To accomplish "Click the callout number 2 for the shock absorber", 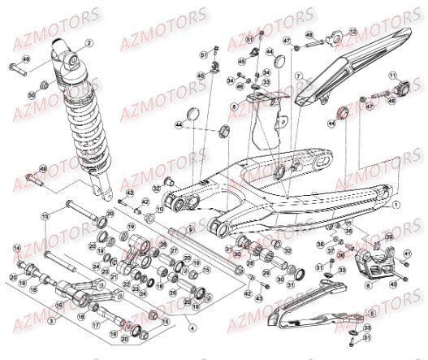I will point(89,43).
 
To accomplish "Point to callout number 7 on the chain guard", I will point(298,76).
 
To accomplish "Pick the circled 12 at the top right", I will point(352,32).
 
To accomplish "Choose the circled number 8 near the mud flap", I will point(234,107).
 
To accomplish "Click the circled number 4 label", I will point(192,327).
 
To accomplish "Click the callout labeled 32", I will point(154,189).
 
